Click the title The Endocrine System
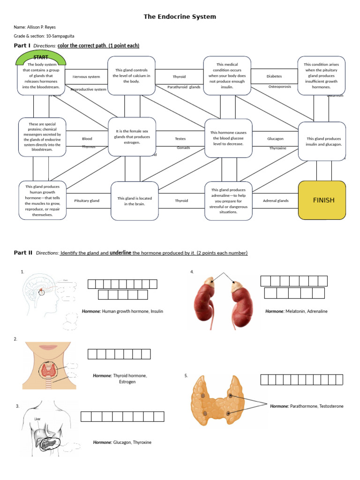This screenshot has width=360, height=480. tap(180, 17)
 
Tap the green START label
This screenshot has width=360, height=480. tap(41, 57)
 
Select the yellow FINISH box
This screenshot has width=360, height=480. tap(323, 200)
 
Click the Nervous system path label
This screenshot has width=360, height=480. tap(86, 77)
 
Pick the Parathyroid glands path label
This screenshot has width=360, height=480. tap(184, 87)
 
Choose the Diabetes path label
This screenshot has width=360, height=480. tap(274, 76)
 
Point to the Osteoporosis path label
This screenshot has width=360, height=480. tap(279, 87)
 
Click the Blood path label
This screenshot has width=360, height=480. tap(87, 139)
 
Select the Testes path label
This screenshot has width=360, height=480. tap(180, 139)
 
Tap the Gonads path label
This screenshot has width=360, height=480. tap(183, 148)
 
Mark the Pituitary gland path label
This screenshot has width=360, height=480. tap(87, 201)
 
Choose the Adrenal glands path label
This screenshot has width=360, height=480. tap(276, 201)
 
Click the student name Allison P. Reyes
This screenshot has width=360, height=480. tap(41, 27)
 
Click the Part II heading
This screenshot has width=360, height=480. tap(23, 253)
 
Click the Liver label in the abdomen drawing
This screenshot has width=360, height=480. tap(37, 419)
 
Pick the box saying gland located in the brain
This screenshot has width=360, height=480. tap(135, 201)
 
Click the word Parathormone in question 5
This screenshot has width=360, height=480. tap(304, 406)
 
